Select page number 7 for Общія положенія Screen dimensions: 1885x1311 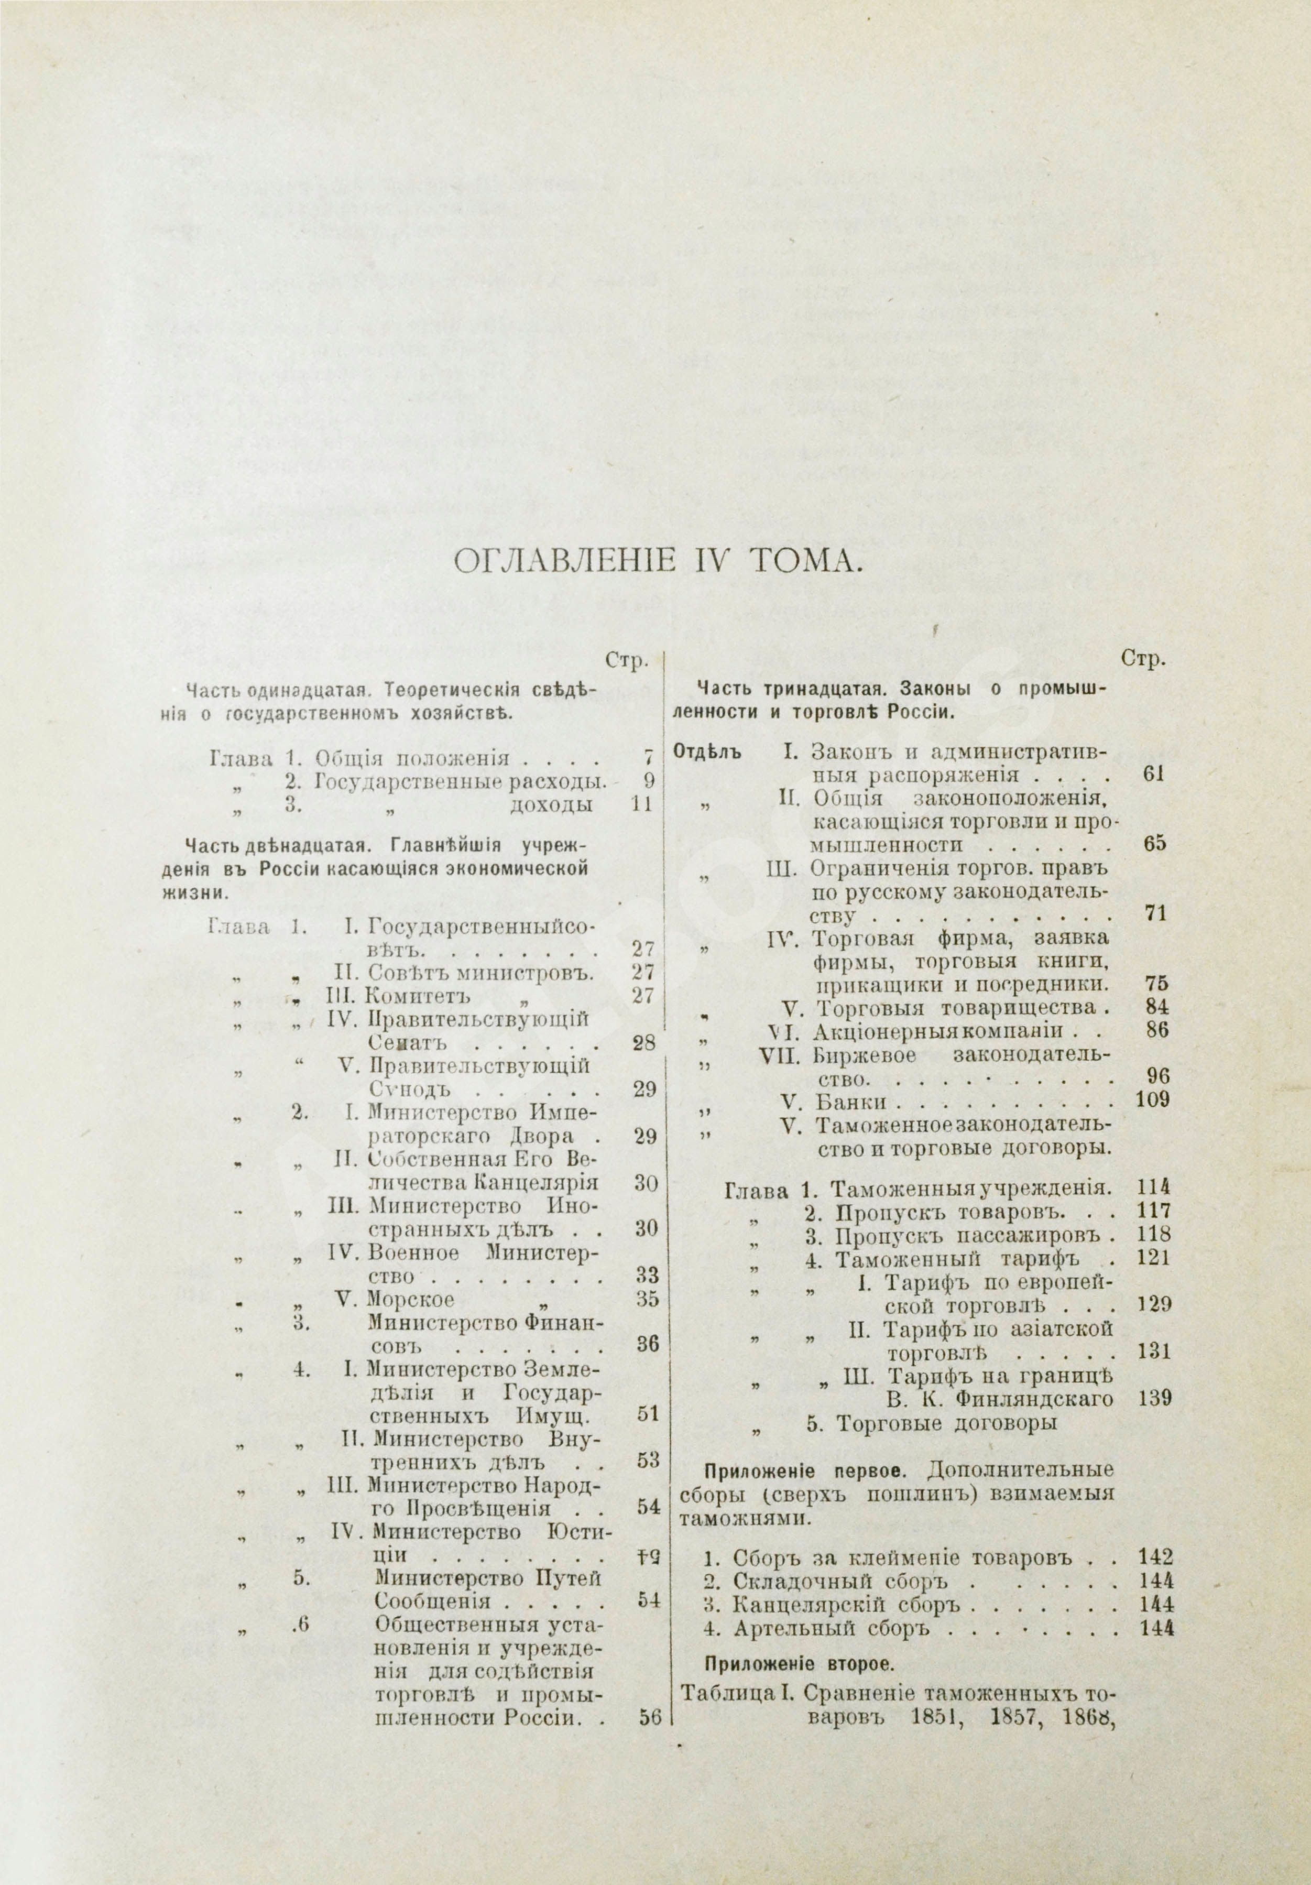(649, 759)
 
